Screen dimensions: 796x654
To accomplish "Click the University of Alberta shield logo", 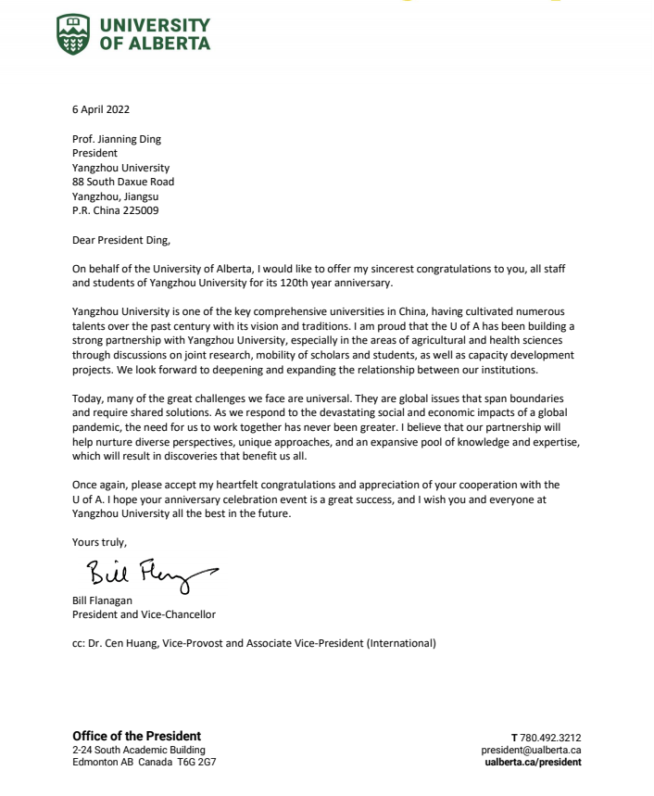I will click(x=74, y=33).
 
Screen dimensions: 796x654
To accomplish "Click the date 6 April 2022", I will click(x=101, y=108).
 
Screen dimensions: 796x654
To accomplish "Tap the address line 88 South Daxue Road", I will click(x=123, y=182).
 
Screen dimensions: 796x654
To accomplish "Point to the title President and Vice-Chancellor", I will click(x=145, y=614).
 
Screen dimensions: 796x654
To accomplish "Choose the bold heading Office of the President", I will click(x=136, y=737).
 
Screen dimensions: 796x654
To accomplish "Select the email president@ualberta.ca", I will click(x=532, y=750).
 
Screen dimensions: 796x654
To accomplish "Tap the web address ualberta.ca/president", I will click(x=534, y=762).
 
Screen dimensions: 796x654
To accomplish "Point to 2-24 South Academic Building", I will click(x=139, y=750).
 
